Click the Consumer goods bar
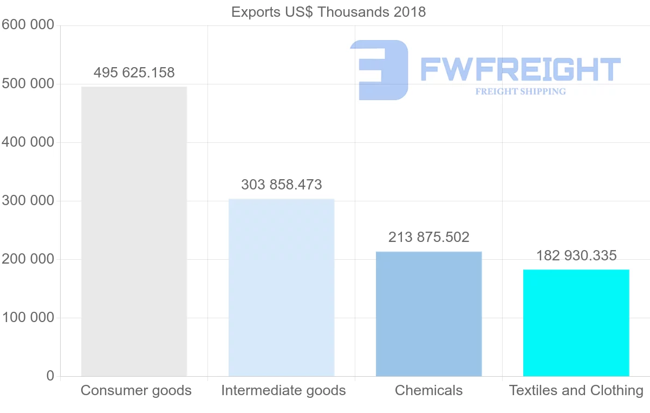[134, 231]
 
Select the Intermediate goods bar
[281, 287]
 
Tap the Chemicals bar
[428, 313]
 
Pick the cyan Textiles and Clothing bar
[576, 323]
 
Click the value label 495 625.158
[134, 73]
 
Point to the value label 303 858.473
[281, 185]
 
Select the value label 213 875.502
[428, 237]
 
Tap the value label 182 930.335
[576, 255]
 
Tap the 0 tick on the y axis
[50, 376]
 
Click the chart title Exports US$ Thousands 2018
[328, 12]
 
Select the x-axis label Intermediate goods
[283, 390]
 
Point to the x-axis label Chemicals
[428, 390]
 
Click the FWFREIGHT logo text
[520, 69]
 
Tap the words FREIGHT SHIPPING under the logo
[520, 91]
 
